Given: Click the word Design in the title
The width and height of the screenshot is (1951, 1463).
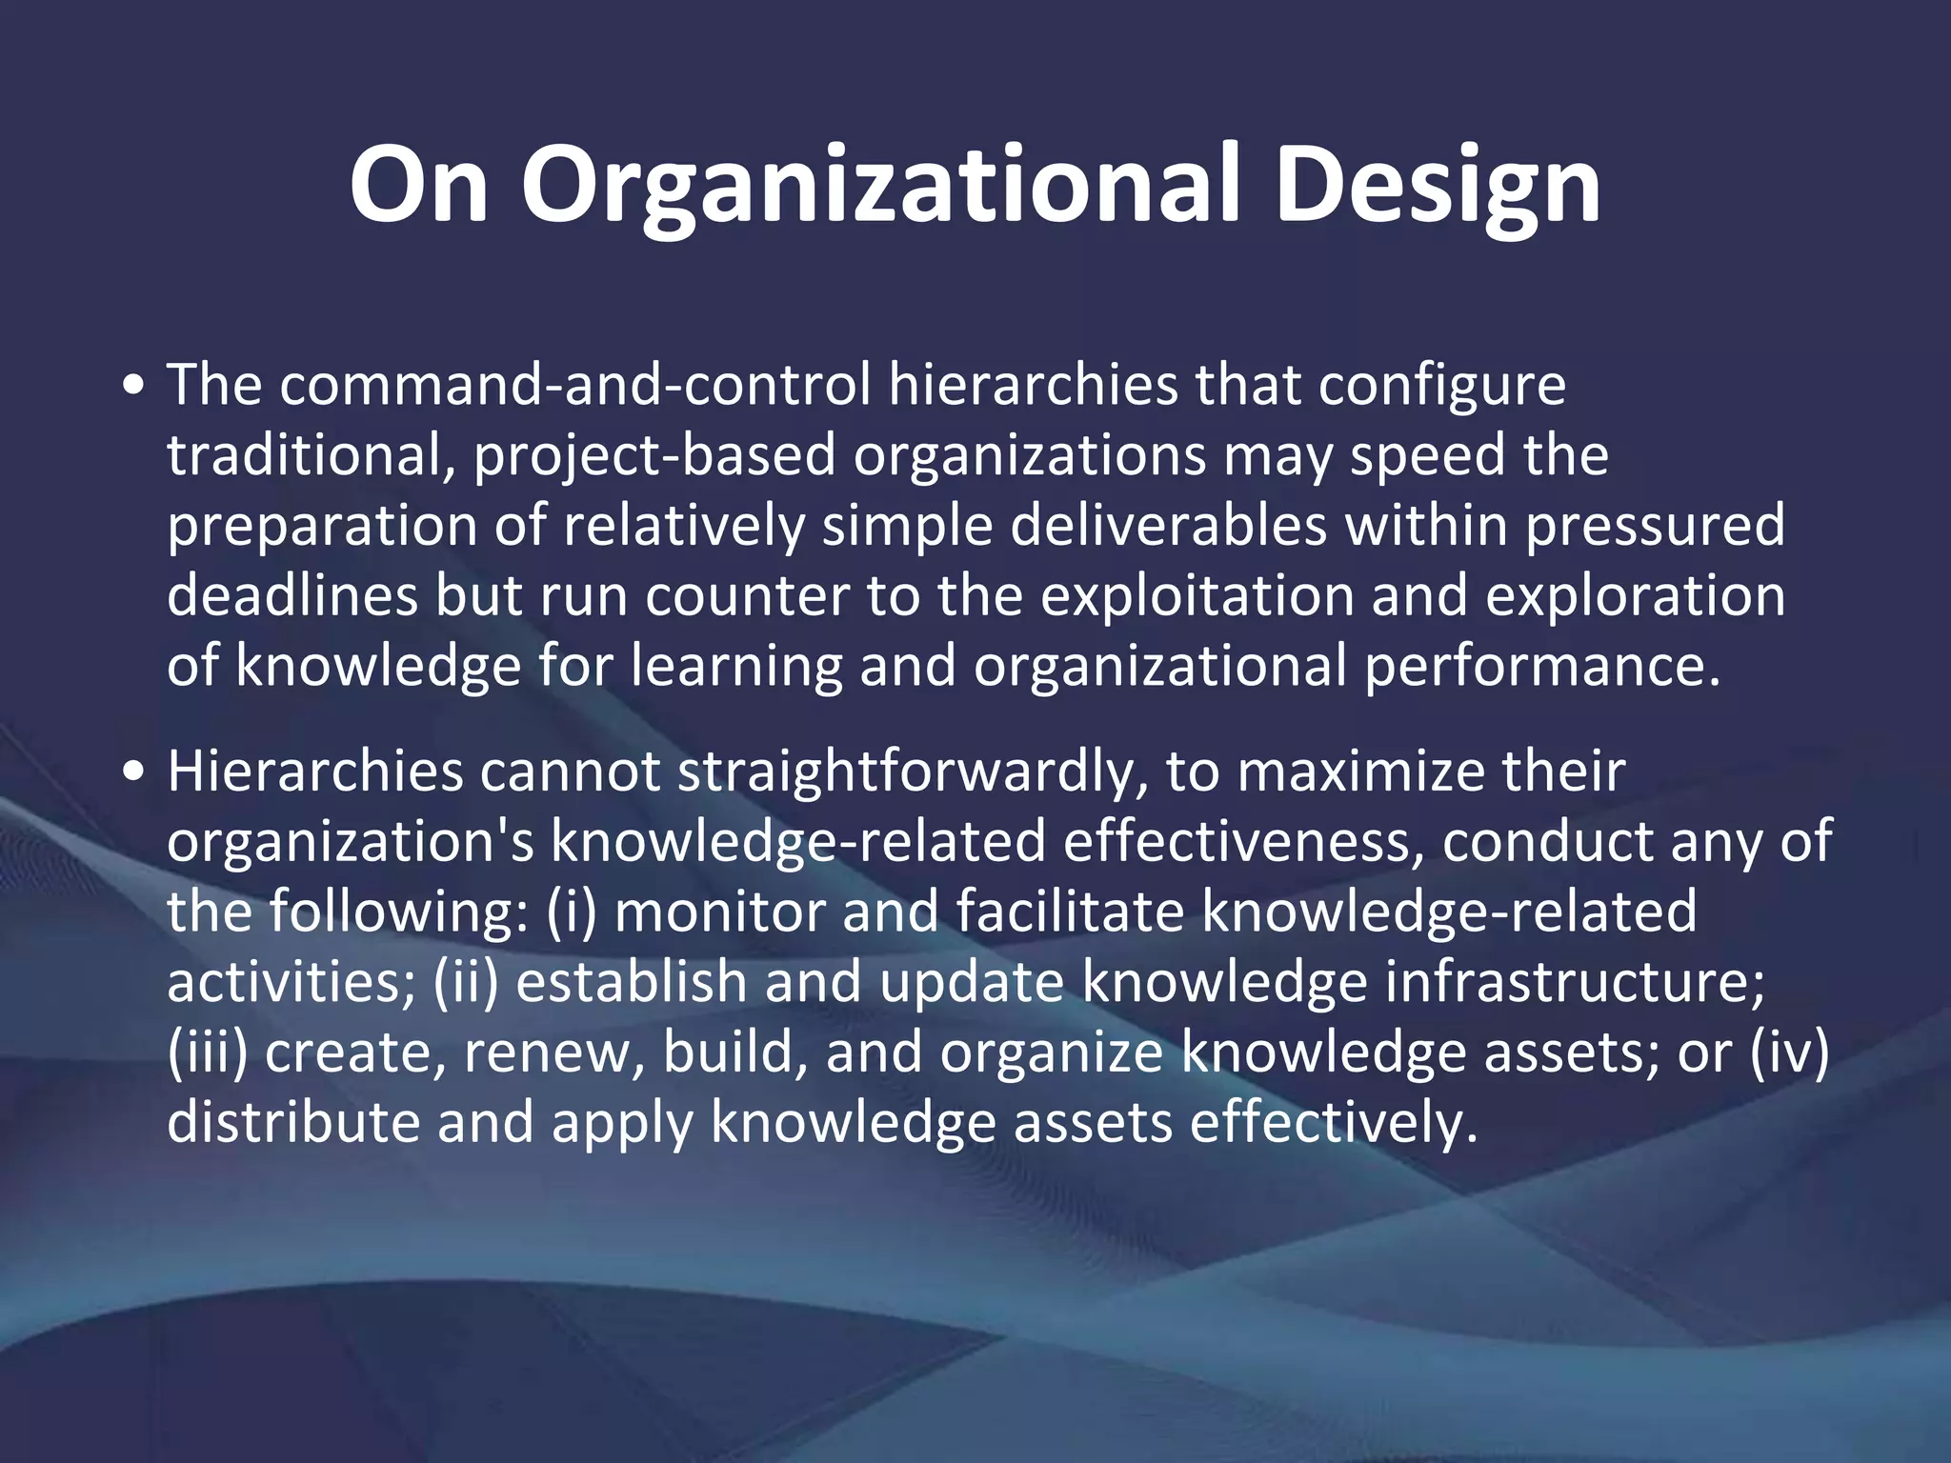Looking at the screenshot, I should coord(1438,187).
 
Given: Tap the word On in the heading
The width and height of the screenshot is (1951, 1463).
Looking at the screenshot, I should coord(419,185).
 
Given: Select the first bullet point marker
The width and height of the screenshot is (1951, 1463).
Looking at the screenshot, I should coord(135,387).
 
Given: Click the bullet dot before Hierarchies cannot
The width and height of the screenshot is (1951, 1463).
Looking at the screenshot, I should coord(135,772).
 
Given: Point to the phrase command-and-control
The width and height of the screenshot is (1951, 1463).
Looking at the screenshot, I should coord(575,385).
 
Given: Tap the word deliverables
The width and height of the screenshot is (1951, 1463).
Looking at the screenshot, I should coord(1168,526).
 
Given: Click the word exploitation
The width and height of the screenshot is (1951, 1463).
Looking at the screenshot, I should coord(1197,596).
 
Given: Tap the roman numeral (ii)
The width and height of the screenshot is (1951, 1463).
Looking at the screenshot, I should coord(466,982).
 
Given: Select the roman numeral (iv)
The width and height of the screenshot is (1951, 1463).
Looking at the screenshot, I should coord(1790,1052).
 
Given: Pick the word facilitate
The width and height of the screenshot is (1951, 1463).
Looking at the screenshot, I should coord(1070,912).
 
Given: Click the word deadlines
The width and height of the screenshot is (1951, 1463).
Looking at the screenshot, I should coord(292,596).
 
